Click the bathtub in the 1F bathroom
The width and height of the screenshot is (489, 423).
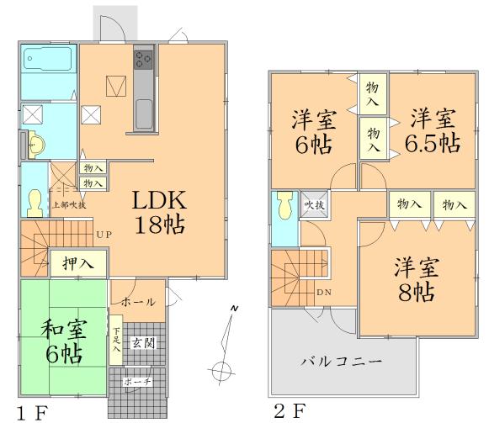(x=47, y=60)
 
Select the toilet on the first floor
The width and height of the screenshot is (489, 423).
(x=35, y=202)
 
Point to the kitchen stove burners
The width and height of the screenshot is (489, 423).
(x=143, y=59)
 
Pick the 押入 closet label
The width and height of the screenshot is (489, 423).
(x=77, y=263)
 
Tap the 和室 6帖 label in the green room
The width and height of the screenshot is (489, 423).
(x=63, y=338)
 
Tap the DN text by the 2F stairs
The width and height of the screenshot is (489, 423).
(x=323, y=292)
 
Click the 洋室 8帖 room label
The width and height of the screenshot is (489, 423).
(x=415, y=281)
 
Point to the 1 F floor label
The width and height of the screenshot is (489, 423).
(x=33, y=411)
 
